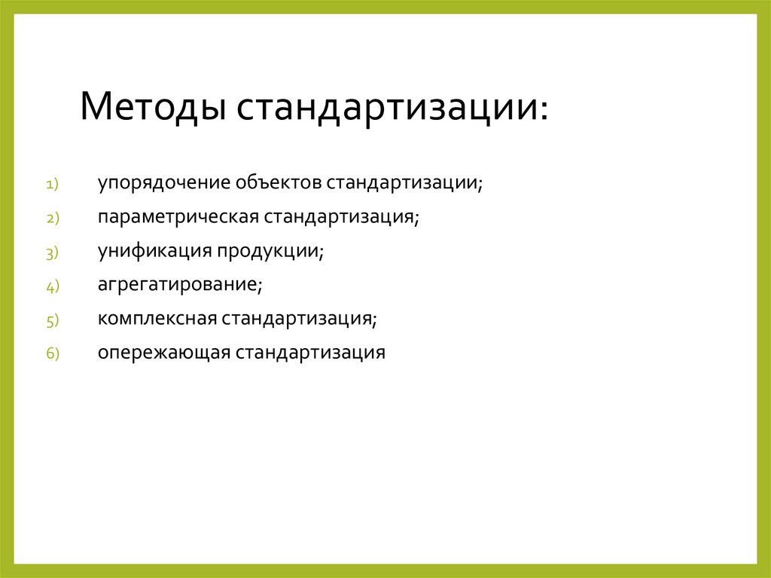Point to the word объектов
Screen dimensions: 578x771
(x=278, y=183)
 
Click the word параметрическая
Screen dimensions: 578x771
(x=178, y=217)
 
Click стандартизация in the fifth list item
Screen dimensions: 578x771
(x=298, y=319)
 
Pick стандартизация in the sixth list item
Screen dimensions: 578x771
(x=311, y=353)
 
